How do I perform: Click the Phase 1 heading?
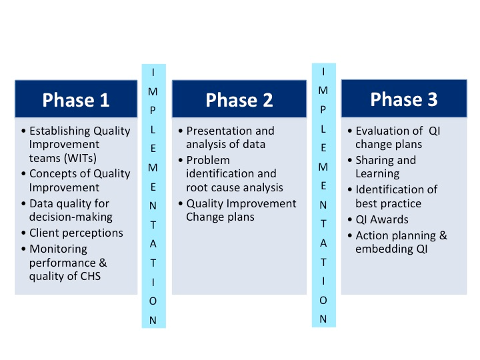click(x=76, y=100)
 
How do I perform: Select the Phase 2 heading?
click(x=239, y=100)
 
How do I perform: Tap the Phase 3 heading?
click(x=404, y=99)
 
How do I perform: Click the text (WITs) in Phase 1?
click(x=80, y=158)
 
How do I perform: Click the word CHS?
click(x=90, y=276)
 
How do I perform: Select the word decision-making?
click(x=71, y=217)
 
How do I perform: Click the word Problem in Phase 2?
click(x=208, y=160)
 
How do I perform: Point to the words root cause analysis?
click(x=235, y=187)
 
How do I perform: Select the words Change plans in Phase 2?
click(x=220, y=217)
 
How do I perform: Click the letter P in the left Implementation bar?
click(x=153, y=111)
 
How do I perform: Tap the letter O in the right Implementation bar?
click(x=323, y=300)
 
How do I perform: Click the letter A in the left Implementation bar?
click(x=153, y=244)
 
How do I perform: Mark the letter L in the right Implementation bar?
click(x=323, y=129)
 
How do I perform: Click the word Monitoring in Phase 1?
click(x=58, y=249)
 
